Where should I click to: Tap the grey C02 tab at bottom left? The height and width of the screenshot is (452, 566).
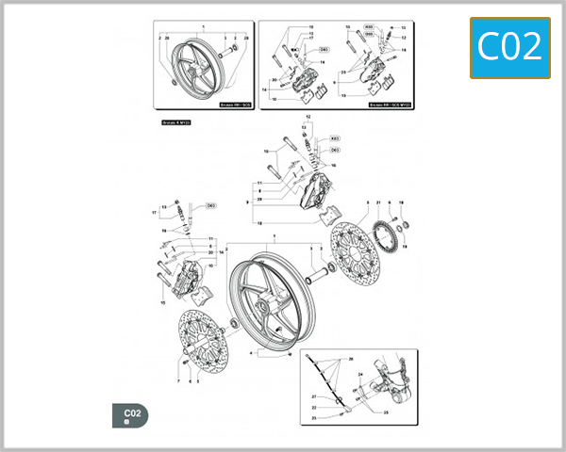131,413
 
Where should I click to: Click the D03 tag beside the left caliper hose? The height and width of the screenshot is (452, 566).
210,205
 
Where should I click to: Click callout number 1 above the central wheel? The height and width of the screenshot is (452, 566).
274,234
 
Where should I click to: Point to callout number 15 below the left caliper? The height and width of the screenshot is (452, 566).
163,303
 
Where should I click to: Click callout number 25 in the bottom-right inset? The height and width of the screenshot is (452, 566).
386,412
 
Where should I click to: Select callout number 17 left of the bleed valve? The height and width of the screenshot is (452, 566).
155,213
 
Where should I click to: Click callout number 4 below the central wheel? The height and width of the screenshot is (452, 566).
251,352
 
